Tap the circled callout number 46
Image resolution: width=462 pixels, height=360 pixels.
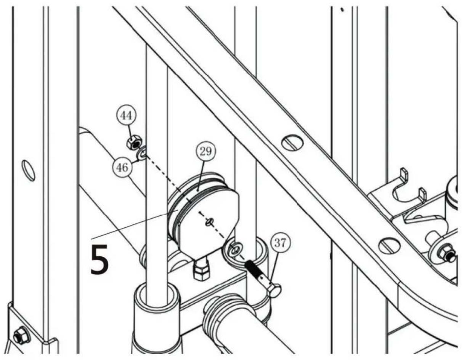123,167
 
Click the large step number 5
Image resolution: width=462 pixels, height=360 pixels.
99,259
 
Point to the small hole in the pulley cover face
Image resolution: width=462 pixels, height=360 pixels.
209,222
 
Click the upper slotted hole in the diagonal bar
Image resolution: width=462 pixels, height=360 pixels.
292,142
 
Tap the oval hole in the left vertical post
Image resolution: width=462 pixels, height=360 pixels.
29,170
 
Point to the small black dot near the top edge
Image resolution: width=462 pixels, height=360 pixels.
342,10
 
